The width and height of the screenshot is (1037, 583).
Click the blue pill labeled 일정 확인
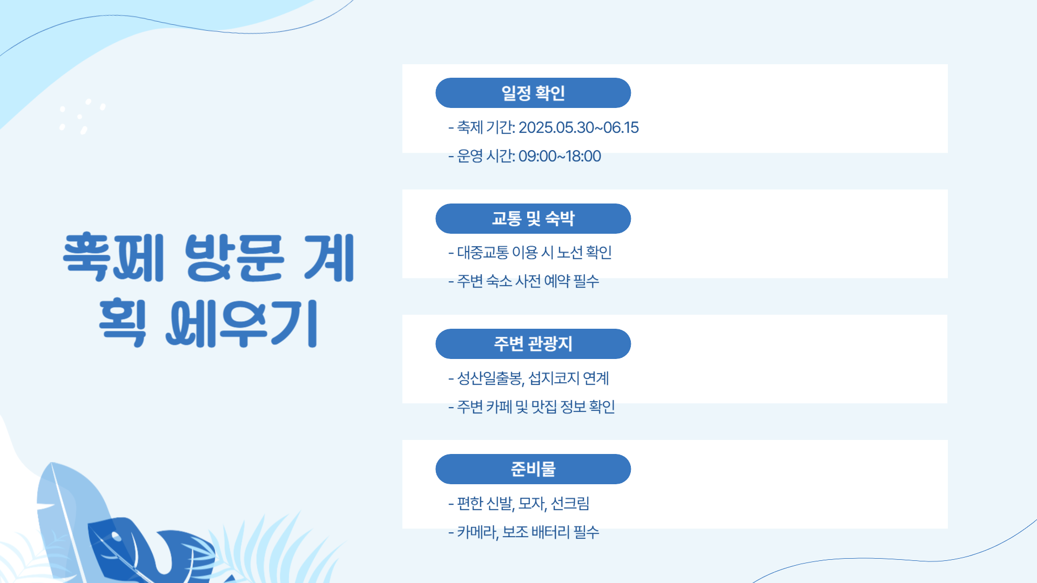click(x=533, y=93)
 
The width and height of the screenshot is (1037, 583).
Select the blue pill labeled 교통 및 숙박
click(x=533, y=219)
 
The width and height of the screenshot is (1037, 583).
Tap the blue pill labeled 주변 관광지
click(x=533, y=344)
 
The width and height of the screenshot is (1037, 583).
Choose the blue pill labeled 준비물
click(x=533, y=469)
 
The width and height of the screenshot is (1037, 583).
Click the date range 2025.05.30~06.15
click(x=578, y=127)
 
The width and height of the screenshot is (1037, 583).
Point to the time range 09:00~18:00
click(x=560, y=156)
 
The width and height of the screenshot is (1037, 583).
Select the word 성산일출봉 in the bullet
click(x=490, y=378)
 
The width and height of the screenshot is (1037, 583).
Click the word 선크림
click(x=570, y=504)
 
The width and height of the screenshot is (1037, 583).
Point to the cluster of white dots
click(x=82, y=116)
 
